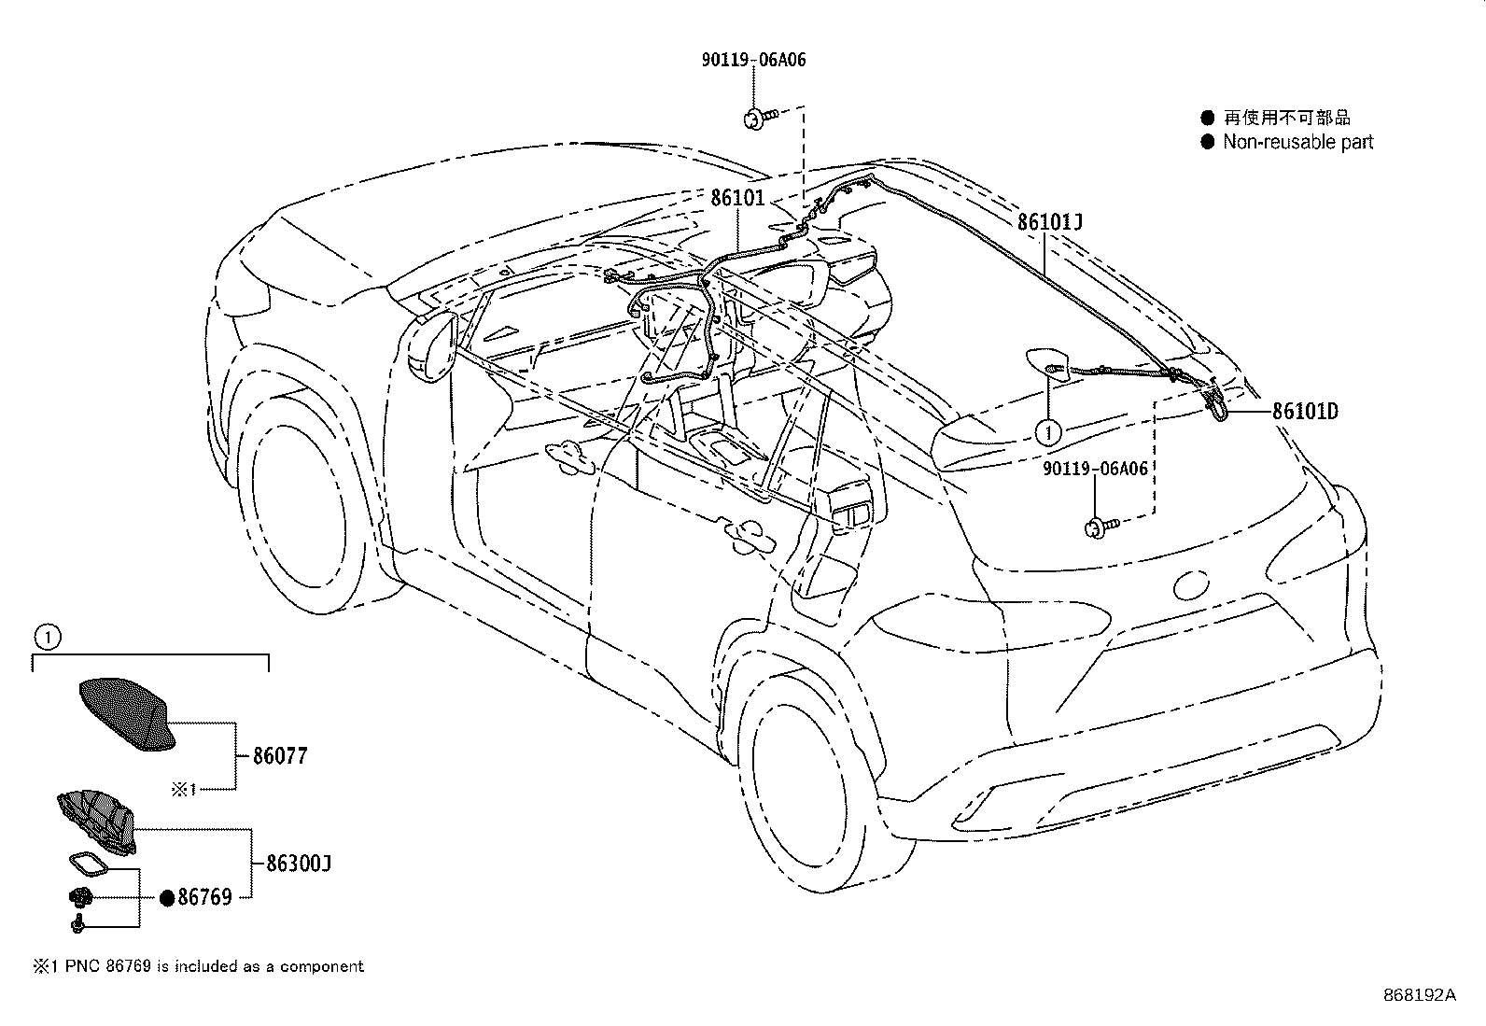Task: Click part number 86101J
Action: (x=1050, y=222)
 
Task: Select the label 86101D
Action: (x=1305, y=411)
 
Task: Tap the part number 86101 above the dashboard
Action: (x=737, y=198)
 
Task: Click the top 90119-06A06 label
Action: (x=753, y=60)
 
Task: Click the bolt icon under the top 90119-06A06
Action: (x=755, y=118)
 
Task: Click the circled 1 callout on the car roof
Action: (x=1048, y=432)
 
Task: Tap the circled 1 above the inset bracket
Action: (x=47, y=639)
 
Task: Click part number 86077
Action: (x=280, y=755)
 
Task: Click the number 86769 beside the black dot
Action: (x=204, y=898)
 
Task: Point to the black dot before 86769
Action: (x=167, y=898)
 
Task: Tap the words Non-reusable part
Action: (x=1297, y=142)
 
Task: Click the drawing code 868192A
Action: (x=1419, y=994)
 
